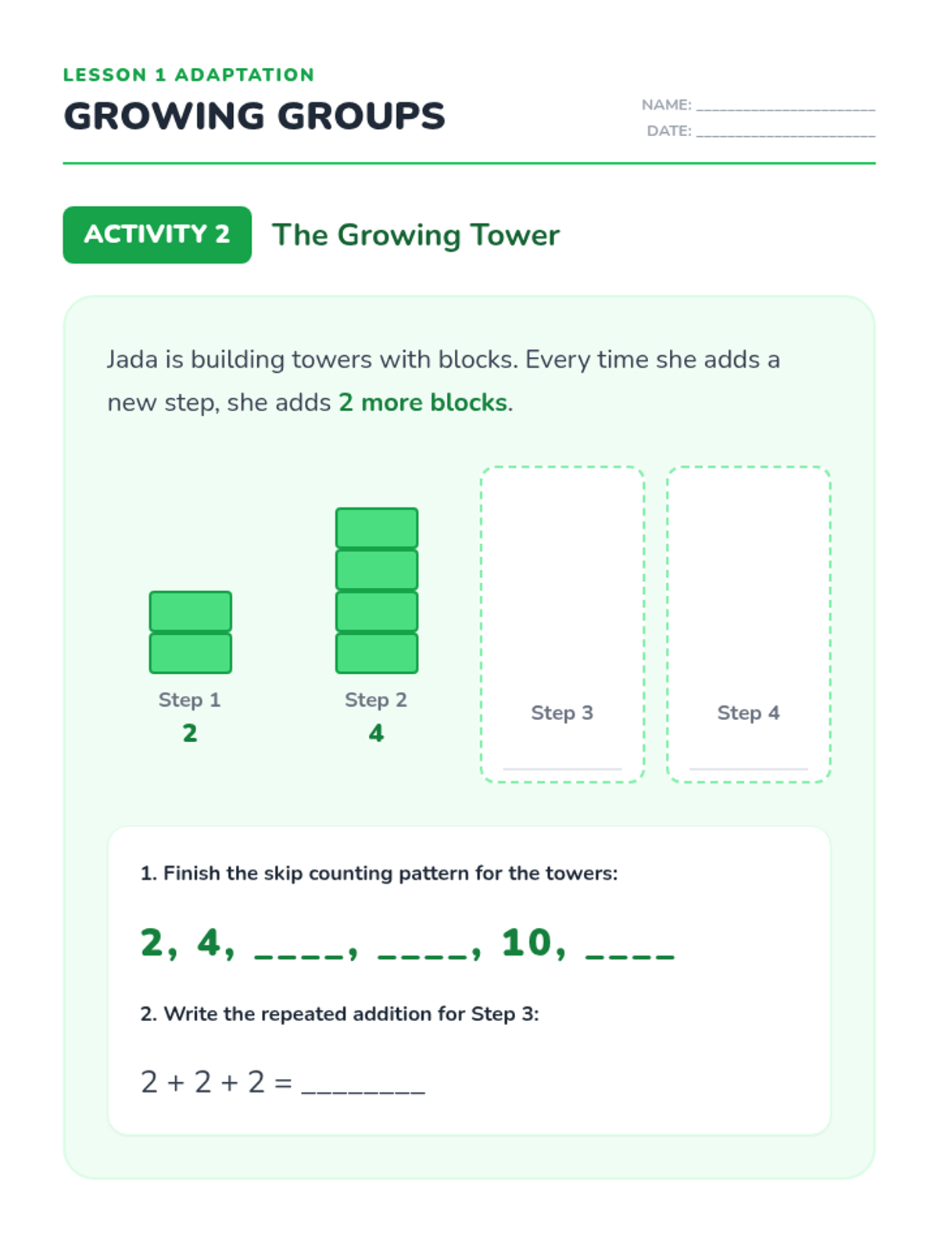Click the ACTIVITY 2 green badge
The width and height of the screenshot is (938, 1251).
[x=157, y=235]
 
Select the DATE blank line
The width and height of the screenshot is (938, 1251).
[x=786, y=135]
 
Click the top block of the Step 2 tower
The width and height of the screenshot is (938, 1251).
[x=377, y=528]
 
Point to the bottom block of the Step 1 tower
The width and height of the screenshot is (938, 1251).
[x=190, y=653]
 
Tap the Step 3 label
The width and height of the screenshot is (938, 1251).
[x=562, y=712]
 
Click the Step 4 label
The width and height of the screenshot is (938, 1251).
[x=748, y=712]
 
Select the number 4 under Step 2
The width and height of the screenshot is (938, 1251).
[x=377, y=733]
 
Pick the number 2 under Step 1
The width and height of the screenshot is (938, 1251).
[x=190, y=733]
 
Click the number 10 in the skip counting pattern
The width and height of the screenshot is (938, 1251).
[x=527, y=942]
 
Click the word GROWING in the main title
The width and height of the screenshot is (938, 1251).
[x=164, y=116]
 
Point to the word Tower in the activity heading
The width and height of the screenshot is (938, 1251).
[x=515, y=235]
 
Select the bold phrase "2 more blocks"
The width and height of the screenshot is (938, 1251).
[x=423, y=403]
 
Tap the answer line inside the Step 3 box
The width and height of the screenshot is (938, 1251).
[x=562, y=769]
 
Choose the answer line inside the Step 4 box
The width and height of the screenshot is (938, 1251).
[x=748, y=769]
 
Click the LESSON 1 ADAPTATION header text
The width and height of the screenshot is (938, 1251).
[x=188, y=74]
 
